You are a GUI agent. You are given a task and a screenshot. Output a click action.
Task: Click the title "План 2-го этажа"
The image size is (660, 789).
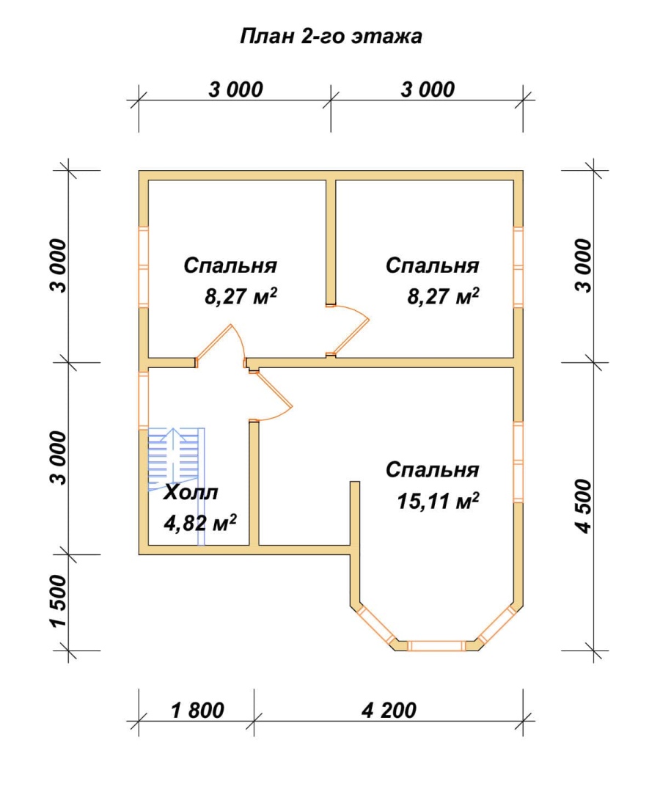[x=331, y=37]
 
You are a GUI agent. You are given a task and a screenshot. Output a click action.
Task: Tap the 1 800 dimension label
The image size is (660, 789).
[x=197, y=711]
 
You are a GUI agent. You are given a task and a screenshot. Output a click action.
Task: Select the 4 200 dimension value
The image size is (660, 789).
[x=389, y=711]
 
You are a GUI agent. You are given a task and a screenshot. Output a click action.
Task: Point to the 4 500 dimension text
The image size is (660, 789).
[x=584, y=506]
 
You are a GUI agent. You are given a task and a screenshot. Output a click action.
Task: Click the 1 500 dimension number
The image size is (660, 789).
[x=59, y=601]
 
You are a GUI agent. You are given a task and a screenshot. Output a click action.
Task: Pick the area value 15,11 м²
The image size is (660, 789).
[x=438, y=501]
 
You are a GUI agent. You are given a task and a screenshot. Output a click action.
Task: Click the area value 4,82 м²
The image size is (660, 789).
[x=200, y=523]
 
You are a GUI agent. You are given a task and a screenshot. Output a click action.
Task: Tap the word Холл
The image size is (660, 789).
[x=191, y=493]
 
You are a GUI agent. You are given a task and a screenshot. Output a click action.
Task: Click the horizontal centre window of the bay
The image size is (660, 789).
[x=436, y=645]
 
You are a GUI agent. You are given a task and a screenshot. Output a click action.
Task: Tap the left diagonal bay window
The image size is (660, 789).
[x=376, y=625]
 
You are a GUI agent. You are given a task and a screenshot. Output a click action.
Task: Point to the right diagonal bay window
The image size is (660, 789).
[x=496, y=625]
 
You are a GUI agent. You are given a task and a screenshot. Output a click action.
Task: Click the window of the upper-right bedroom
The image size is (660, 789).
[x=518, y=267]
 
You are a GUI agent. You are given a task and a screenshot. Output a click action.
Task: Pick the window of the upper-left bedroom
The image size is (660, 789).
[x=144, y=267]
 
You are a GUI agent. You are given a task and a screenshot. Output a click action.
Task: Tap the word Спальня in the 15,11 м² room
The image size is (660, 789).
[x=432, y=470]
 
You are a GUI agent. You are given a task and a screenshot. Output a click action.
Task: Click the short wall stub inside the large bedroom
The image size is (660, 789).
[x=355, y=513]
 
